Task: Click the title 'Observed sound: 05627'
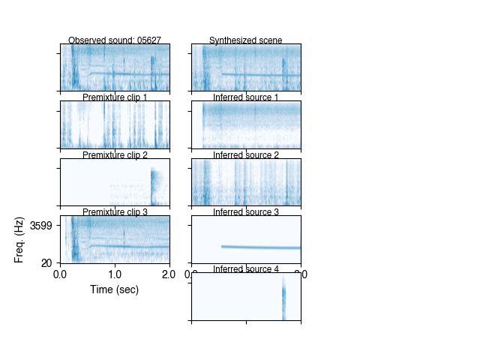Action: point(115,40)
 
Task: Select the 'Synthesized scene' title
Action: point(246,40)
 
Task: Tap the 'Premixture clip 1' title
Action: point(115,97)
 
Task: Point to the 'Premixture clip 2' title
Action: point(115,154)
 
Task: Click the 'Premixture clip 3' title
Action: point(115,212)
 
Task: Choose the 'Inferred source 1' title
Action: point(246,97)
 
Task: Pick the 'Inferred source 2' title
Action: point(246,154)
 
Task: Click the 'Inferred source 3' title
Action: point(246,212)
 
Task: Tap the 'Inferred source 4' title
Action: point(246,269)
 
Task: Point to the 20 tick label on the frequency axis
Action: point(46,262)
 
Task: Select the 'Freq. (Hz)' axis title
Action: point(19,239)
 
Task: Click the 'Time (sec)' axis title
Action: point(115,289)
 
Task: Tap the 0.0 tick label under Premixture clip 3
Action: point(61,274)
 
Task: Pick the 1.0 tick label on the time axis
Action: point(115,274)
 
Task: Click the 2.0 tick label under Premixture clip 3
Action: point(169,274)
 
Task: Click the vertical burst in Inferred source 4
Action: point(284,298)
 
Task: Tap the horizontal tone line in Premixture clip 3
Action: point(135,246)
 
